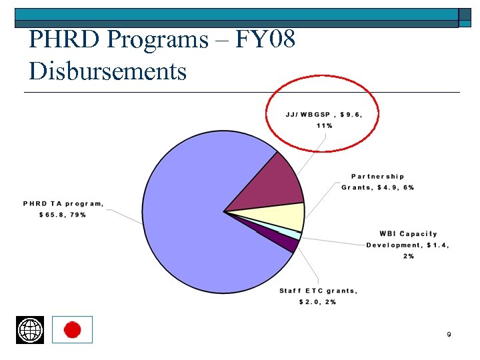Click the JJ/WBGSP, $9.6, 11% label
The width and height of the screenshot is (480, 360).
[x=323, y=119]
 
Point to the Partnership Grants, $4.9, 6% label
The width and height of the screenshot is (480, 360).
[x=377, y=182]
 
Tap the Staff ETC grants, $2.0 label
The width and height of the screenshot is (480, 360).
[x=318, y=296]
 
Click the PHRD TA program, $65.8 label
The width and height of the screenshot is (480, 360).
[x=63, y=209]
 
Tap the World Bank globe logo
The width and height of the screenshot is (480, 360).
[x=30, y=330]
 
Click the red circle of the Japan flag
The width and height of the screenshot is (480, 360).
[x=72, y=329]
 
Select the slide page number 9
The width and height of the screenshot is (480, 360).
[x=449, y=334]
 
